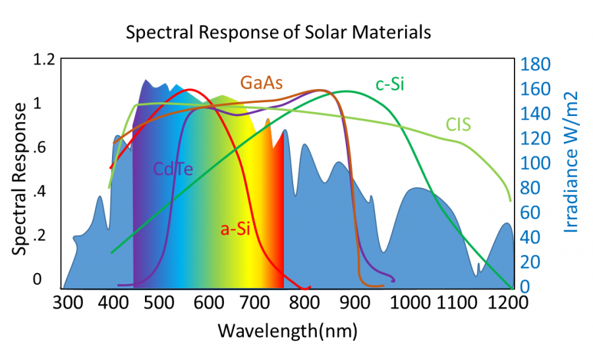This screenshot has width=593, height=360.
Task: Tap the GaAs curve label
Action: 262,82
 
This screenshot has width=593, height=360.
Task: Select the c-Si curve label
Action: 389,84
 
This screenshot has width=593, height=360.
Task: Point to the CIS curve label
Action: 459,124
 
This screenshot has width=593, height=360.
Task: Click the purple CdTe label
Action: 173,169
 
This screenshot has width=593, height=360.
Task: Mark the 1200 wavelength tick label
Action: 510,304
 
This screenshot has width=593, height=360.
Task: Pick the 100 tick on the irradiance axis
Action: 534,164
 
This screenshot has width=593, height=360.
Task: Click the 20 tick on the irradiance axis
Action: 529,262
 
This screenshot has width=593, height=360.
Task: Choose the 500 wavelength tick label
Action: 165,304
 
